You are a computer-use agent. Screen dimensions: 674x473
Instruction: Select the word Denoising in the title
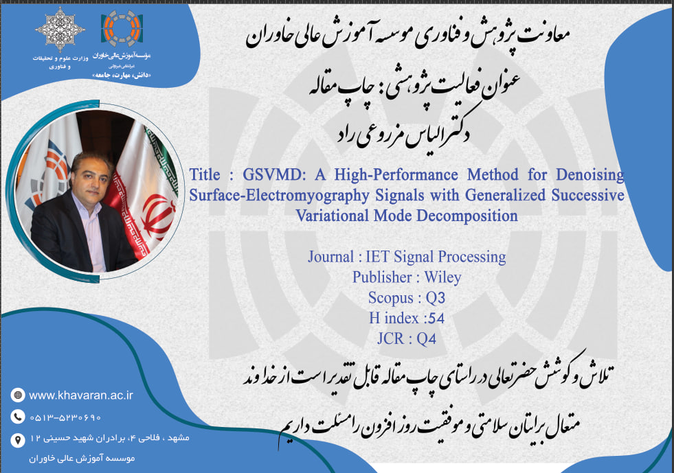coord(589,175)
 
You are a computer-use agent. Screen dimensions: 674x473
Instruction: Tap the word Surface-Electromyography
coord(279,196)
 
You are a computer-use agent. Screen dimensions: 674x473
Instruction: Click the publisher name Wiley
coord(442,277)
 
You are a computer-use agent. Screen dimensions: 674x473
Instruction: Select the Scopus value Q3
coord(436,298)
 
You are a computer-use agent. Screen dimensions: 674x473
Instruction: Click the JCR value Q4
coord(427,339)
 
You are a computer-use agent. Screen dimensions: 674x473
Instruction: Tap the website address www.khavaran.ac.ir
coord(81,395)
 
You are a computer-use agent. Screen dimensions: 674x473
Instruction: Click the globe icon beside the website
coord(18,395)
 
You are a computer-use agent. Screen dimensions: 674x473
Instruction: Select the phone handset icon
coord(18,417)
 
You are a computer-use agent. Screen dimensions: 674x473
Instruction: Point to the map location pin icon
coord(18,440)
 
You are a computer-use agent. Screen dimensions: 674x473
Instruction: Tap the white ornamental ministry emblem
coord(60,30)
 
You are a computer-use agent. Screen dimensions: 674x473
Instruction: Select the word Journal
coord(330,257)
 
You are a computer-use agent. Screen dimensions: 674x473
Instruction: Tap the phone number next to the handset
coord(65,417)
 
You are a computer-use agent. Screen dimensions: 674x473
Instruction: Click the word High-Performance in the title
coord(396,175)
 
